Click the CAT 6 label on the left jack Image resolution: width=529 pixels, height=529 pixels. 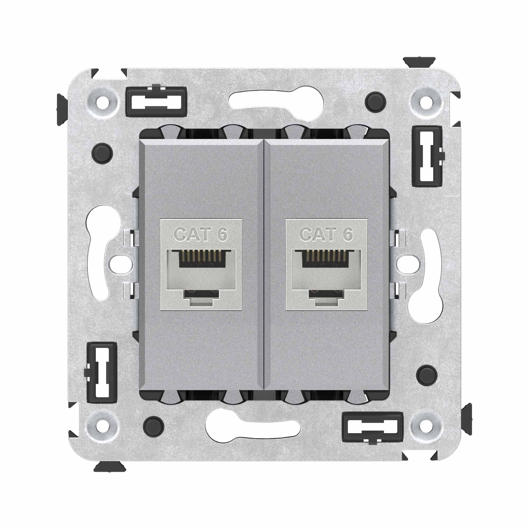(x=201, y=234)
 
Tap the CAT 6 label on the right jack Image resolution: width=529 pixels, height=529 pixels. (x=326, y=234)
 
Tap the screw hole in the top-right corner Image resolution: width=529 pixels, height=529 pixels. (x=426, y=103)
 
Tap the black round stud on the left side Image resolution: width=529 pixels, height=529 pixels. (x=103, y=153)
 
